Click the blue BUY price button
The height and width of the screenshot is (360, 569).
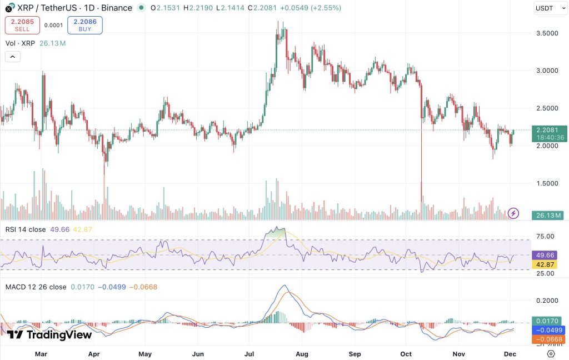pyautogui.click(x=85, y=25)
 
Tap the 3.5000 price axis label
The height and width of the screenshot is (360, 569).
pyautogui.click(x=547, y=33)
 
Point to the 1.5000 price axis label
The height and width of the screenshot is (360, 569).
pyautogui.click(x=547, y=183)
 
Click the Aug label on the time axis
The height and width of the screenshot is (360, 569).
pyautogui.click(x=302, y=353)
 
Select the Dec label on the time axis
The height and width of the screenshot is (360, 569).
pyautogui.click(x=512, y=353)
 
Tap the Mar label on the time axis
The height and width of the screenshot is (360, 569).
pyautogui.click(x=41, y=353)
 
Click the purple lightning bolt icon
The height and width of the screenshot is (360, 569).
pyautogui.click(x=514, y=213)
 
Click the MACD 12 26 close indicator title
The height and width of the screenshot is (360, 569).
pyautogui.click(x=36, y=287)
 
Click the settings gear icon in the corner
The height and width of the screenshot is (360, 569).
pyautogui.click(x=551, y=353)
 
